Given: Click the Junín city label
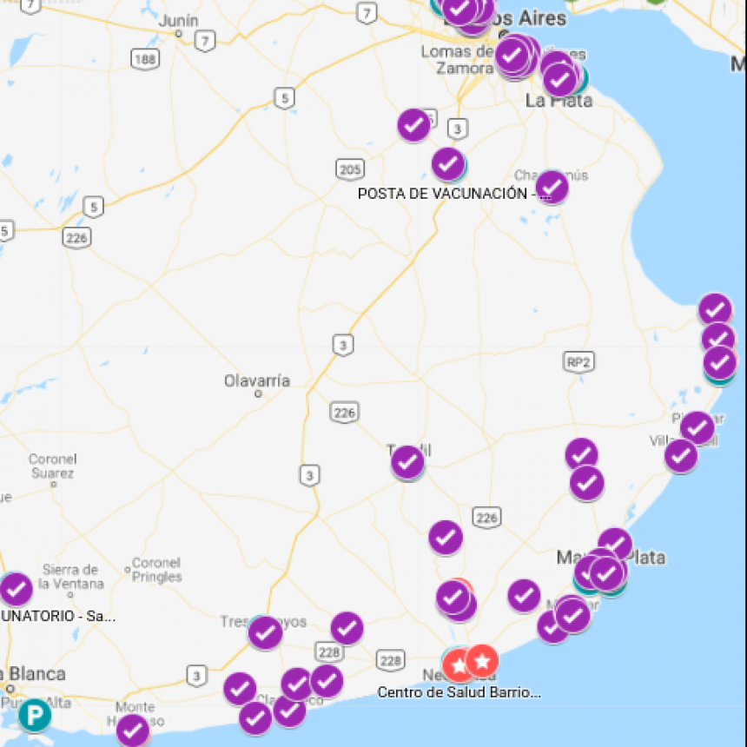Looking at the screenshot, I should [179, 20].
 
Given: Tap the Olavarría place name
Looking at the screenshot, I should [257, 380].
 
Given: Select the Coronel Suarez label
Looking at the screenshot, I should [52, 466].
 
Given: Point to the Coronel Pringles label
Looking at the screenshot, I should [157, 569].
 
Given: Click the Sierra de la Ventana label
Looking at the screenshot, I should [69, 577].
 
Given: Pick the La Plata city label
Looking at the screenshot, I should [559, 101].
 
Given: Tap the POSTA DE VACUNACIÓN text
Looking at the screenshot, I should [442, 194].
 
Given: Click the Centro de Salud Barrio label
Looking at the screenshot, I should [459, 692].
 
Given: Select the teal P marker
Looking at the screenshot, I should [35, 716].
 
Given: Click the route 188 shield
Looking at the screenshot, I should [146, 59].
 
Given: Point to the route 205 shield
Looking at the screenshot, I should [351, 169].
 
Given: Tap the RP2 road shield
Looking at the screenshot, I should [578, 362].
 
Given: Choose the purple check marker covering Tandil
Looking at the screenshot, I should [407, 462].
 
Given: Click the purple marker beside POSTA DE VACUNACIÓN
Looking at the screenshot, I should [552, 187].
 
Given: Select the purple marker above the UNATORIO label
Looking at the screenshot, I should [16, 590].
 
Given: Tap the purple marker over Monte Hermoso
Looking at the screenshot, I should [133, 730].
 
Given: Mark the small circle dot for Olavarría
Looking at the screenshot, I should [258, 393].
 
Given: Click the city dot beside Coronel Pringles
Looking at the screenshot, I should [128, 570].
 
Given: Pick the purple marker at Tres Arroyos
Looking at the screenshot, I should [265, 633].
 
